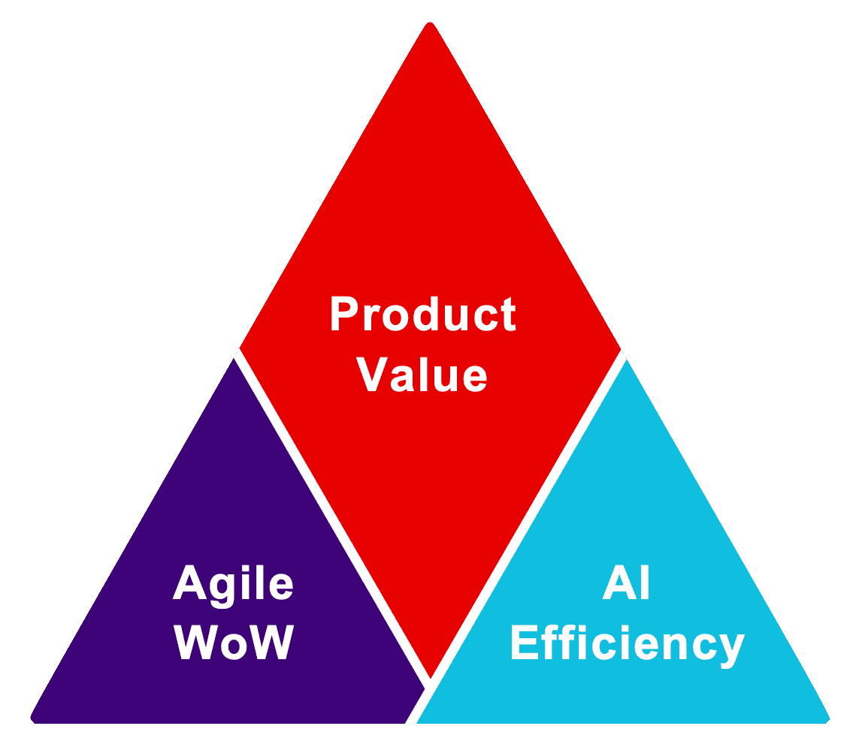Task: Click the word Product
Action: [x=423, y=314]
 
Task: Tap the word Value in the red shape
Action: [x=422, y=374]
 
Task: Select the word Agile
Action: [x=233, y=586]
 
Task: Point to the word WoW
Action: [x=234, y=642]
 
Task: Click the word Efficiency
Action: [x=628, y=646]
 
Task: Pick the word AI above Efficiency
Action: [x=626, y=582]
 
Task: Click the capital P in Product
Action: [x=344, y=314]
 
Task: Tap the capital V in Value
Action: [x=372, y=374]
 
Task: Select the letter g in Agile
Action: [x=222, y=591]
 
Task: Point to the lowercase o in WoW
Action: [x=234, y=646]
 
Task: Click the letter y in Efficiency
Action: [x=731, y=651]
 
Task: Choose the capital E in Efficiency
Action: [x=525, y=642]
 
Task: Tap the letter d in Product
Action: [x=425, y=314]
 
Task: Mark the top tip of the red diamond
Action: [x=431, y=22]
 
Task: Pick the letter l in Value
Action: [x=424, y=374]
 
